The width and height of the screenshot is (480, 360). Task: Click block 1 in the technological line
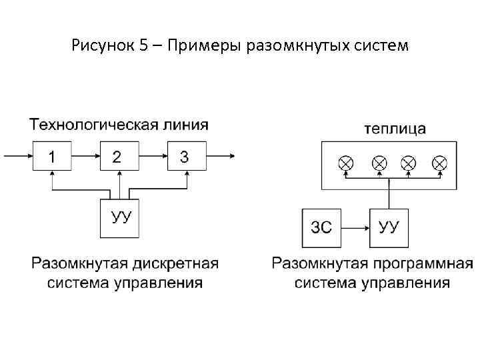tap(52, 157)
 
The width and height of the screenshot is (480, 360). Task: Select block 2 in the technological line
tap(119, 157)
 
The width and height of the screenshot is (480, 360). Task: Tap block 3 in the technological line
tap(186, 157)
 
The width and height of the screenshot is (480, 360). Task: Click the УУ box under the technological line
tap(119, 218)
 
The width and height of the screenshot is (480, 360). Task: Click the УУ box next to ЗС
tap(389, 227)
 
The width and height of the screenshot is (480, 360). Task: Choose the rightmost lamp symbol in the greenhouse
tap(439, 163)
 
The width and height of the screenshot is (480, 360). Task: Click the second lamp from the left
tap(379, 163)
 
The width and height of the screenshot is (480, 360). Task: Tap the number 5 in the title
tap(144, 47)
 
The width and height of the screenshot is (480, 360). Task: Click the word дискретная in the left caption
tap(177, 263)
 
